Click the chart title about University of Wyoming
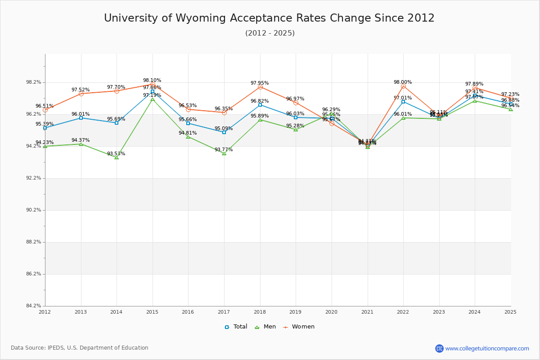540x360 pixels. click(x=269, y=18)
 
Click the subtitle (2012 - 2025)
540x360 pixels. click(x=270, y=33)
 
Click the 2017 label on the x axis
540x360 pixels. click(x=224, y=312)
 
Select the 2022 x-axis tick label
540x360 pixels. click(x=403, y=312)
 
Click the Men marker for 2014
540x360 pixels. click(x=117, y=157)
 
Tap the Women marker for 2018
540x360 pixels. click(x=260, y=87)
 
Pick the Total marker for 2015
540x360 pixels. click(x=153, y=91)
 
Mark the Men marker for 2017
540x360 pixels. click(x=224, y=153)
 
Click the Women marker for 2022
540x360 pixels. click(x=403, y=86)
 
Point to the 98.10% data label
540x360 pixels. click(x=152, y=81)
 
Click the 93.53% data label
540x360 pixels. click(x=116, y=154)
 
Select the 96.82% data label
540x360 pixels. click(x=260, y=101)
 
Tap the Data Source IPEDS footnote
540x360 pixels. click(x=80, y=348)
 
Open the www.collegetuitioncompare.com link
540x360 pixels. click(x=487, y=348)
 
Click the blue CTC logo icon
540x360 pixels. click(x=439, y=348)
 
